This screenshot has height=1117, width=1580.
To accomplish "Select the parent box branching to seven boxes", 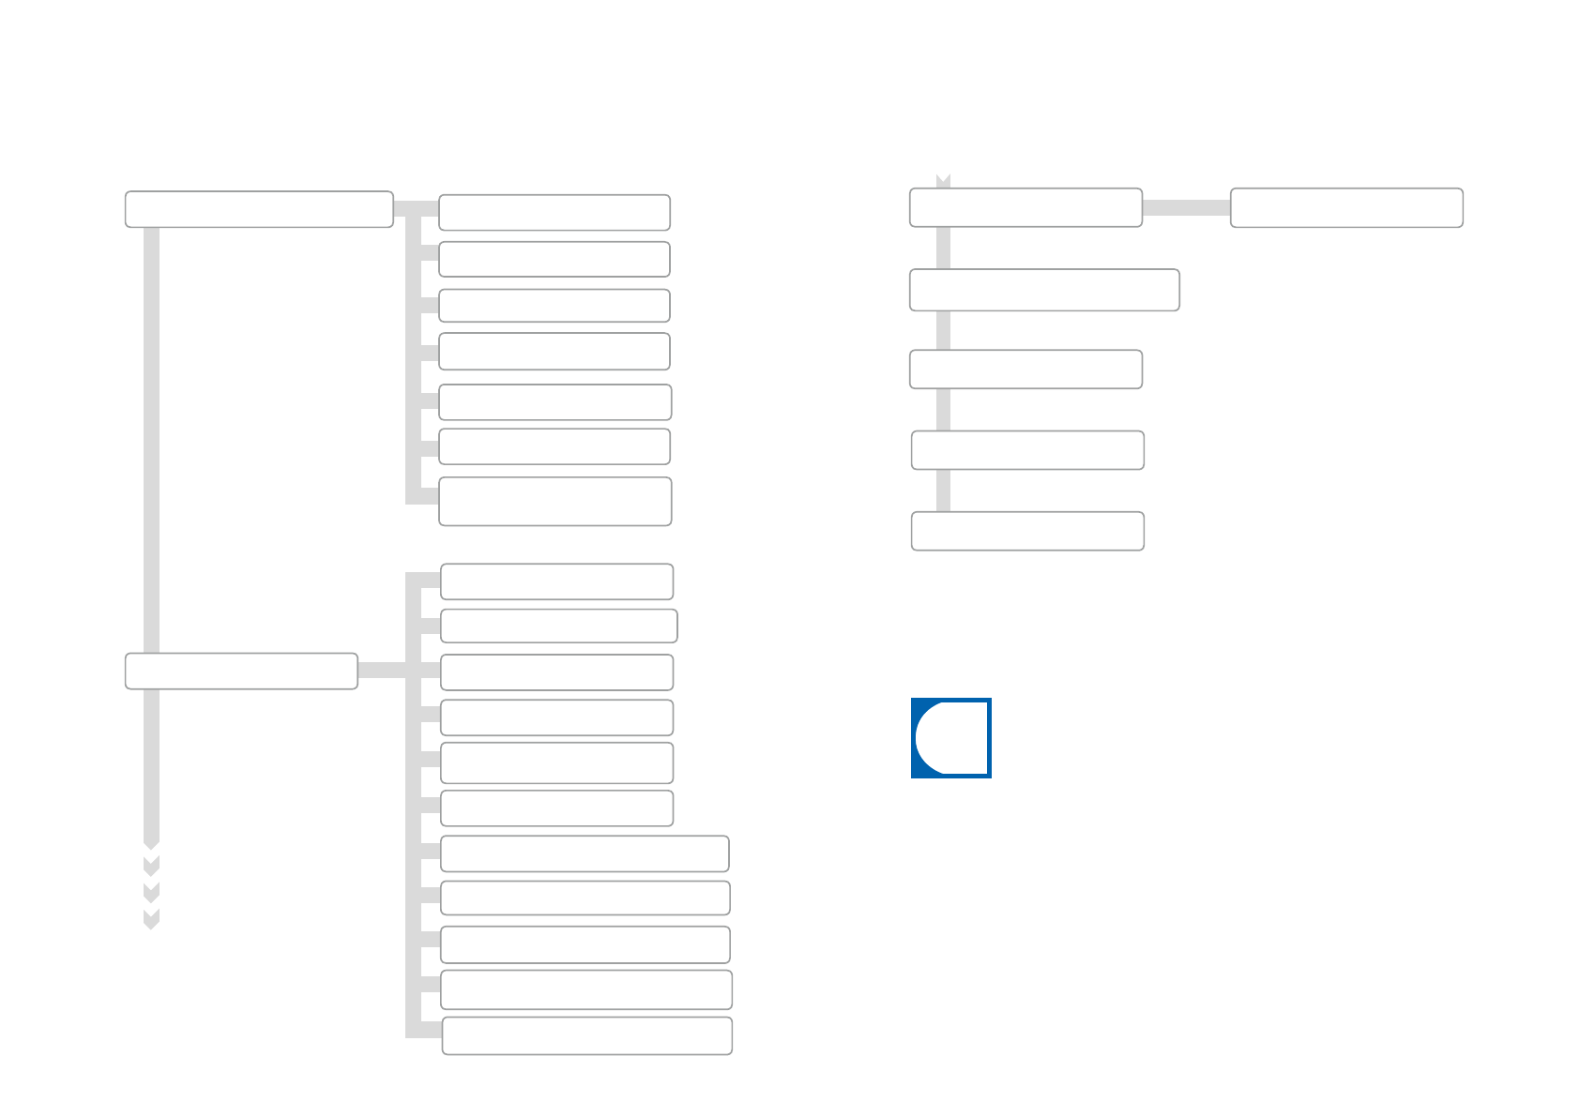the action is tap(258, 209).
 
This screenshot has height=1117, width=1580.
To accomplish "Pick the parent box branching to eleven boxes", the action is tap(241, 672).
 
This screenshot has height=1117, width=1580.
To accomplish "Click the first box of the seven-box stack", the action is tap(554, 213).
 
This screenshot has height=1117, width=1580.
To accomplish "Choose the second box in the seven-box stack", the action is tap(554, 260).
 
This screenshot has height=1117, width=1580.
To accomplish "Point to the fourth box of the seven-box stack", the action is tap(554, 352).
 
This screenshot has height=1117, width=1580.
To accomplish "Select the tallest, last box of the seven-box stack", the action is tap(555, 502).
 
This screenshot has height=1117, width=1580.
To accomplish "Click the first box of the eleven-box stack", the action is tap(556, 581).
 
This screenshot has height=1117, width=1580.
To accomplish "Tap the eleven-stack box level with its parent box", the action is tap(556, 672).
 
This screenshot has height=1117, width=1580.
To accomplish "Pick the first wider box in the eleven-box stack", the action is tap(584, 853).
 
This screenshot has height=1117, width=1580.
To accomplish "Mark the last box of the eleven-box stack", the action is tap(586, 1036).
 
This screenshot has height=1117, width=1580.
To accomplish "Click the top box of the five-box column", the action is tap(1025, 207).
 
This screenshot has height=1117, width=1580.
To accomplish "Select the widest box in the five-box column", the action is tap(1044, 290).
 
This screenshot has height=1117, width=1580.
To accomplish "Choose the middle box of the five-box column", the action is tap(1025, 370).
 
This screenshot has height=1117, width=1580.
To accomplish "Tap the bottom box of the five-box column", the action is tap(1027, 531).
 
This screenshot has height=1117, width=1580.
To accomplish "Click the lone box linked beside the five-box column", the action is tap(1346, 207).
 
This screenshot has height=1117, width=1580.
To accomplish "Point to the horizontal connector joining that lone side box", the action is tap(1186, 207).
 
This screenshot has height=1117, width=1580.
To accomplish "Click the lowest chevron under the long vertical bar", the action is tap(151, 919).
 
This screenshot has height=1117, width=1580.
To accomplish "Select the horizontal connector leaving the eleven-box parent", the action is tap(381, 671).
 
